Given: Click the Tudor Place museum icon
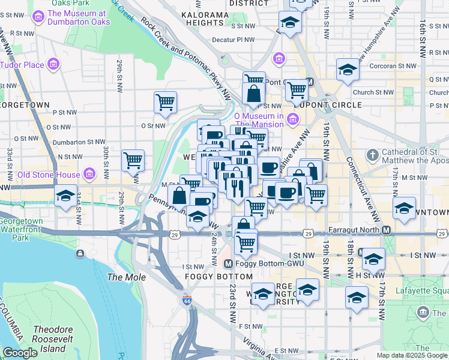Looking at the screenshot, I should coord(53,64).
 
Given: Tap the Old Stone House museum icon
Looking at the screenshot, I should coord(89,175).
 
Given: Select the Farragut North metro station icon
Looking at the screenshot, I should coord(387,230).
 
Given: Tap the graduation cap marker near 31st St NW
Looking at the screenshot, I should coord(66,196).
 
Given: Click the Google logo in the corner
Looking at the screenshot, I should coord(20,353).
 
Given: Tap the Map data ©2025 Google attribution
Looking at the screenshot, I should coord(412,355).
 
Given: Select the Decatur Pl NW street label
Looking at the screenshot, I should coord(233,40).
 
